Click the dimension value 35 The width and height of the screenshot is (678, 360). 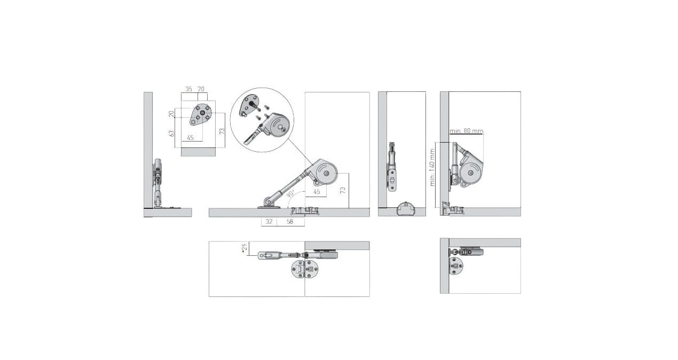coord(188,89)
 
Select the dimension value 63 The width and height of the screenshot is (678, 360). coord(171,134)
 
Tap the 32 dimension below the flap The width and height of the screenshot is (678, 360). coord(269,222)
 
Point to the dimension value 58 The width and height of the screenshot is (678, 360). coord(290,222)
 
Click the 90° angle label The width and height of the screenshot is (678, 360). coord(291,193)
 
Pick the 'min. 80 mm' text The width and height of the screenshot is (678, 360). coord(467,131)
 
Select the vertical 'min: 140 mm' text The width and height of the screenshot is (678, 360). coord(432,167)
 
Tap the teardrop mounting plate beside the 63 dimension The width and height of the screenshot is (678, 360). coord(200,114)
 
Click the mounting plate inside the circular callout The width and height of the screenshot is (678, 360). coord(249,105)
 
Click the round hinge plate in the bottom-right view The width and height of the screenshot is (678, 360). coord(456,266)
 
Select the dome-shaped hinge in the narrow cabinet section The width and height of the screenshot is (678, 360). coord(405,209)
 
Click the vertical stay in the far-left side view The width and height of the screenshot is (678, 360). coord(157,183)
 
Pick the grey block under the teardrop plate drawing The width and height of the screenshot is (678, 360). coord(198,152)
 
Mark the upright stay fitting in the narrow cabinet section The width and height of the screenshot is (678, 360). coord(392,167)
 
